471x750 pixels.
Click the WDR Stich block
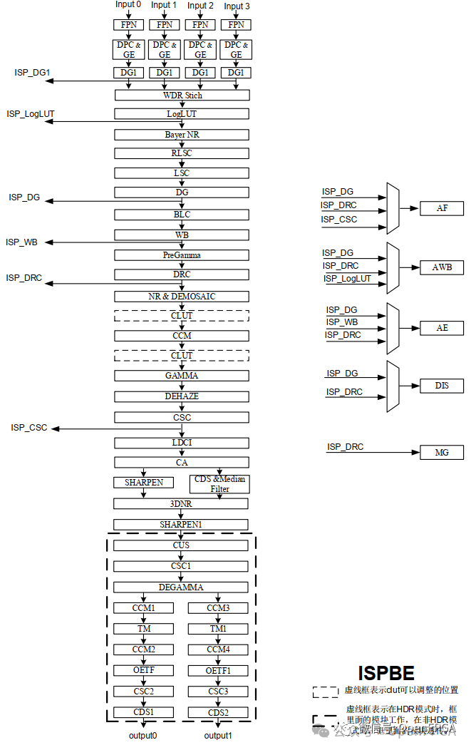coord(182,95)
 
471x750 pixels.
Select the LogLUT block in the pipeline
coord(182,114)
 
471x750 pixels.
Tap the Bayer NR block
coord(182,134)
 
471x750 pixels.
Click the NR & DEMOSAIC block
coord(182,296)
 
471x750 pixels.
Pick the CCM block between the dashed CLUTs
coord(182,335)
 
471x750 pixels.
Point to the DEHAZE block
coord(182,396)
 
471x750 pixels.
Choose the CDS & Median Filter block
coord(219,483)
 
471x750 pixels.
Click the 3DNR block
coord(182,504)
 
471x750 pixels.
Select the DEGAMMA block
coord(182,587)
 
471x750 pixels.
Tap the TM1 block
coord(218,629)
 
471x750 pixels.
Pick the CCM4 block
coord(218,649)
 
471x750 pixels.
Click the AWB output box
coord(442,267)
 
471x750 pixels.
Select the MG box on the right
coord(442,452)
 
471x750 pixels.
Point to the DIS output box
coord(442,386)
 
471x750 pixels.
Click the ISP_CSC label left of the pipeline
coord(29,427)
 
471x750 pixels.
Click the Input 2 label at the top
coord(200,6)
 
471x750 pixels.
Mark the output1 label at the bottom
coord(218,735)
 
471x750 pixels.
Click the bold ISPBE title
coord(385,672)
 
